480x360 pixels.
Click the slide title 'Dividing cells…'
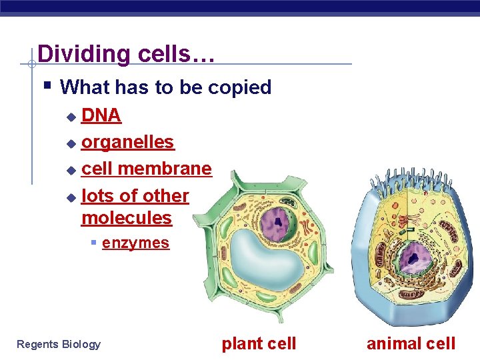pos(126,53)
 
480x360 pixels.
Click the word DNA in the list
pos(101,115)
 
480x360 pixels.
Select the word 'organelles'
pos(127,142)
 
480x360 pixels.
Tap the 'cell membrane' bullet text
pos(146,169)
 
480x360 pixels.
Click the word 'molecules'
pos(126,218)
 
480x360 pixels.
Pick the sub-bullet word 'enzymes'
pos(135,243)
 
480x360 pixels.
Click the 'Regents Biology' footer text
pos(59,344)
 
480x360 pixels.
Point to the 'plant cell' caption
pos(259,343)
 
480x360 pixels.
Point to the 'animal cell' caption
pos(411,343)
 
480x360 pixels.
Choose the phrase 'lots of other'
pos(135,196)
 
